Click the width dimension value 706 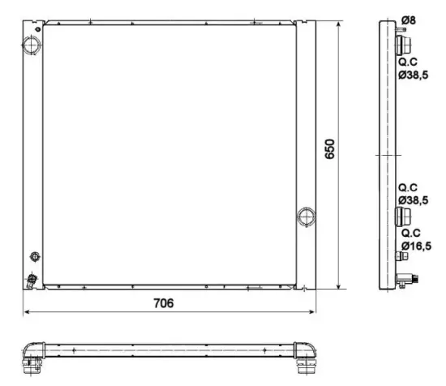(165, 304)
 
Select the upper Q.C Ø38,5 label (413, 67)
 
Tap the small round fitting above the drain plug (34, 257)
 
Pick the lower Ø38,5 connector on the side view (401, 215)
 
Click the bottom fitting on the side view (408, 279)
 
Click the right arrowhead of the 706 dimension (314, 313)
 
